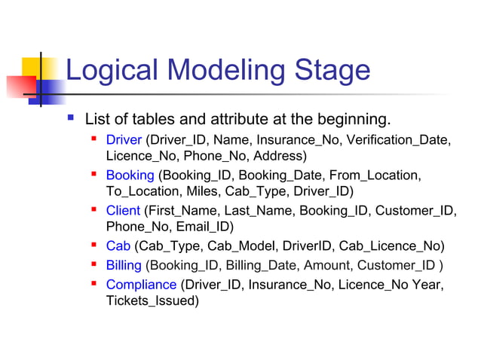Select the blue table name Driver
[x=124, y=140]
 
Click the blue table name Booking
[x=130, y=175]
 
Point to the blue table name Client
[x=123, y=210]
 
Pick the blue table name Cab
[x=118, y=246]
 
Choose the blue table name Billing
[x=124, y=265]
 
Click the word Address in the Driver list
[x=278, y=157]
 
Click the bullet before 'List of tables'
[x=71, y=118]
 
